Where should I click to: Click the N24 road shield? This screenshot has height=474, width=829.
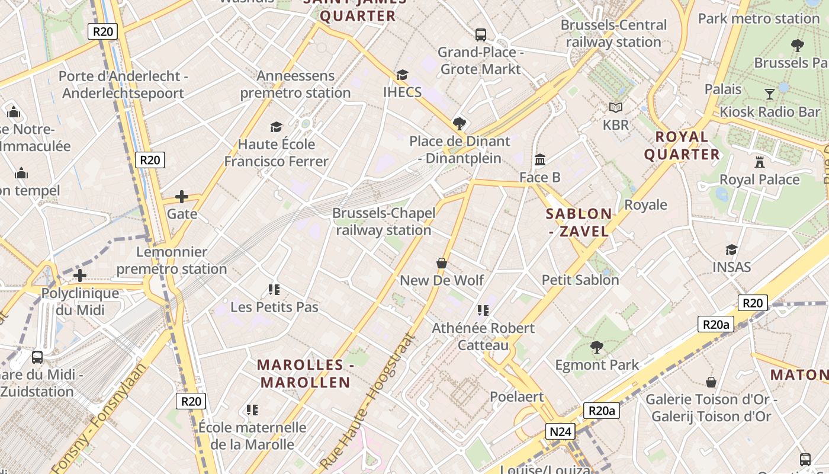tap(560, 431)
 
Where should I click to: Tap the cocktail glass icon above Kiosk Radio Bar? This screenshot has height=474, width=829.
tap(769, 94)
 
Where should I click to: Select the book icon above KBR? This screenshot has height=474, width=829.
tap(616, 107)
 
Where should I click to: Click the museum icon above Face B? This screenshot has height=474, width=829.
tap(540, 159)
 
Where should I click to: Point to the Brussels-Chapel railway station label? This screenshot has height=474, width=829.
tap(384, 222)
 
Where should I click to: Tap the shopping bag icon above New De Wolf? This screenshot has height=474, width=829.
tap(442, 262)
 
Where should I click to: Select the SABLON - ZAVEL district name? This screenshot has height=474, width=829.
tap(579, 222)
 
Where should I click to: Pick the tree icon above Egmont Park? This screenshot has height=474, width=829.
tap(596, 347)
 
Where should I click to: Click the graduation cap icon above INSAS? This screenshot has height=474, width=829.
tap(732, 249)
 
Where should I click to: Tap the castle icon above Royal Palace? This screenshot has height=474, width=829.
tap(760, 162)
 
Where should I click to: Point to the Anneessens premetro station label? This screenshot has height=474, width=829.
tap(295, 84)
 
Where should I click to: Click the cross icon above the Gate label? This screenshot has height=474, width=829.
tap(182, 196)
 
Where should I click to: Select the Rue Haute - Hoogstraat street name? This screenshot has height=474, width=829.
tap(368, 403)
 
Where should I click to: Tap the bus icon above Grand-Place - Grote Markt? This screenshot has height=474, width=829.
tap(481, 34)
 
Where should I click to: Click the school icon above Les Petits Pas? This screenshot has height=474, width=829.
tap(274, 289)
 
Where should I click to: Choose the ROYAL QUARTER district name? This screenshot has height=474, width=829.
tap(682, 146)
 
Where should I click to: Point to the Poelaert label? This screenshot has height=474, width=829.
tap(516, 396)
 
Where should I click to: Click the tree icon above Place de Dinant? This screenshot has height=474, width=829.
tap(459, 123)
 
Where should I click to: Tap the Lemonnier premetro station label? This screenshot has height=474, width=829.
tap(172, 260)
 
